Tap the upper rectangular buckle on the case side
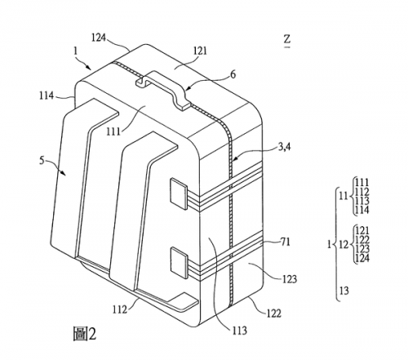[x=179, y=194]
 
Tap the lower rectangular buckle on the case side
[x=179, y=263]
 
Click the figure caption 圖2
[x=85, y=334]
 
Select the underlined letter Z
[x=287, y=41]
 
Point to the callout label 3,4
[x=284, y=147]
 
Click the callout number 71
[x=286, y=242]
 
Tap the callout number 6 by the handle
[x=233, y=74]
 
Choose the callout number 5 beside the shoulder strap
[x=42, y=160]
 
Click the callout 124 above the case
[x=98, y=38]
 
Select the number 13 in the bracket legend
[x=344, y=291]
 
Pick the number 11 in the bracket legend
[x=344, y=196]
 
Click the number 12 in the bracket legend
[x=344, y=245]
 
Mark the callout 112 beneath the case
[x=120, y=309]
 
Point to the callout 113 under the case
[x=240, y=331]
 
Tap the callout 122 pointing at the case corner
[x=273, y=313]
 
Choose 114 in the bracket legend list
[x=362, y=210]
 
